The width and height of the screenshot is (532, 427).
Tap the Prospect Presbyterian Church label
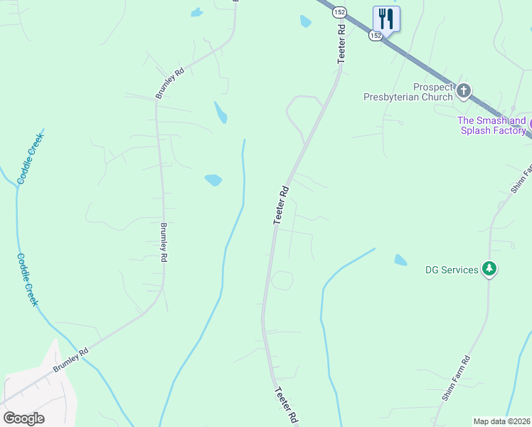[x=408, y=92]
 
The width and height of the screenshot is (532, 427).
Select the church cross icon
[x=464, y=90]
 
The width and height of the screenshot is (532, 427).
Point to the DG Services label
[x=451, y=270]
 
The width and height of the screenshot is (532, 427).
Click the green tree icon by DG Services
[x=489, y=269]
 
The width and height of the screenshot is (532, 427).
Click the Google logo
[x=23, y=418]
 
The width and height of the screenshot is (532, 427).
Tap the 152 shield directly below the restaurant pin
[x=376, y=35]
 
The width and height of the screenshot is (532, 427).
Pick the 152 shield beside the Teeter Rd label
[x=340, y=12]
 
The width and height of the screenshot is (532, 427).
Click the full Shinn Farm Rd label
[x=456, y=379]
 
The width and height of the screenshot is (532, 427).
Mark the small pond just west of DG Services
[x=401, y=260]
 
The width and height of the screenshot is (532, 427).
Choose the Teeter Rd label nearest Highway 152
[x=342, y=45]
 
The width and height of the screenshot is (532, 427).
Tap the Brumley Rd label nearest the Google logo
[x=70, y=361]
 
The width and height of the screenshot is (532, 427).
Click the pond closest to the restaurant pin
[x=306, y=21]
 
